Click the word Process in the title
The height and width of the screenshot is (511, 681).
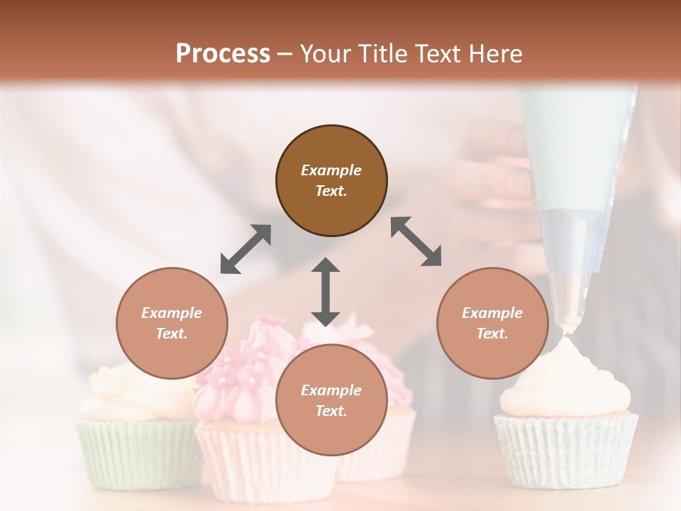tap(223, 54)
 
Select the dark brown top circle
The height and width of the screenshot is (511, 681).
tap(331, 181)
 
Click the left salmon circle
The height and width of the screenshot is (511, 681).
tap(172, 323)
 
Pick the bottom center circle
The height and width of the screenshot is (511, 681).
tap(331, 400)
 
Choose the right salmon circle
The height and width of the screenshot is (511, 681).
tap(492, 323)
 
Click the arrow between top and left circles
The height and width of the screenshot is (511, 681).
tap(245, 249)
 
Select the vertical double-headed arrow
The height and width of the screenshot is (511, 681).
tap(326, 292)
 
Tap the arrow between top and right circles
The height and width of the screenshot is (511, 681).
tap(416, 242)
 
